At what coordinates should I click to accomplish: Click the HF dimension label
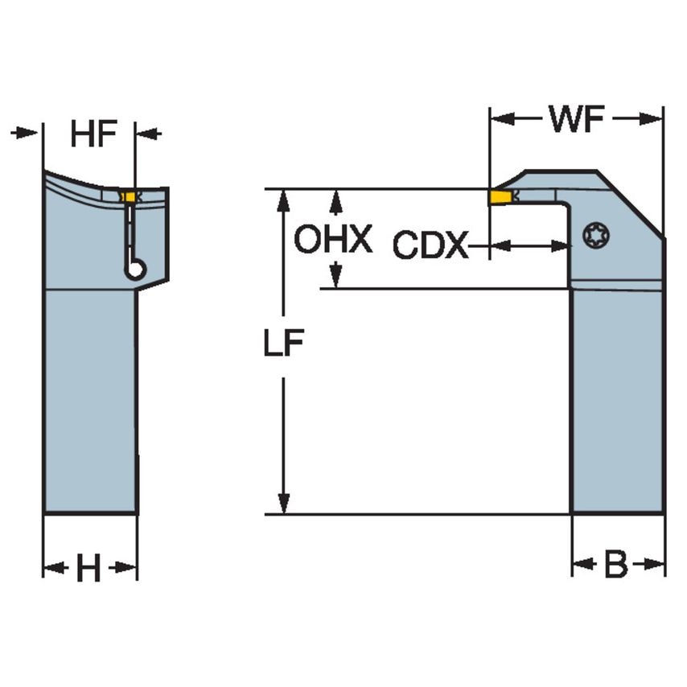93,134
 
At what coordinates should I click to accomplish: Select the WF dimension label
576,120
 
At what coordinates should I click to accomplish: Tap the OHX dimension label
332,240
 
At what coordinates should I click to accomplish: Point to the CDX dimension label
430,246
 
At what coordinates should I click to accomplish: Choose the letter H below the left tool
88,570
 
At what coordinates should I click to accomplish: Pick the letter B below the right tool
615,566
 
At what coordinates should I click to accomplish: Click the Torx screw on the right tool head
596,236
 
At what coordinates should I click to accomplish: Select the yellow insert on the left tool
126,196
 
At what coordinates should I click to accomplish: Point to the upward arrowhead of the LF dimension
282,200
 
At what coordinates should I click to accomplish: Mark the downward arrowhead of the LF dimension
282,504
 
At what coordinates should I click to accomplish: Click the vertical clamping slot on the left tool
129,230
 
